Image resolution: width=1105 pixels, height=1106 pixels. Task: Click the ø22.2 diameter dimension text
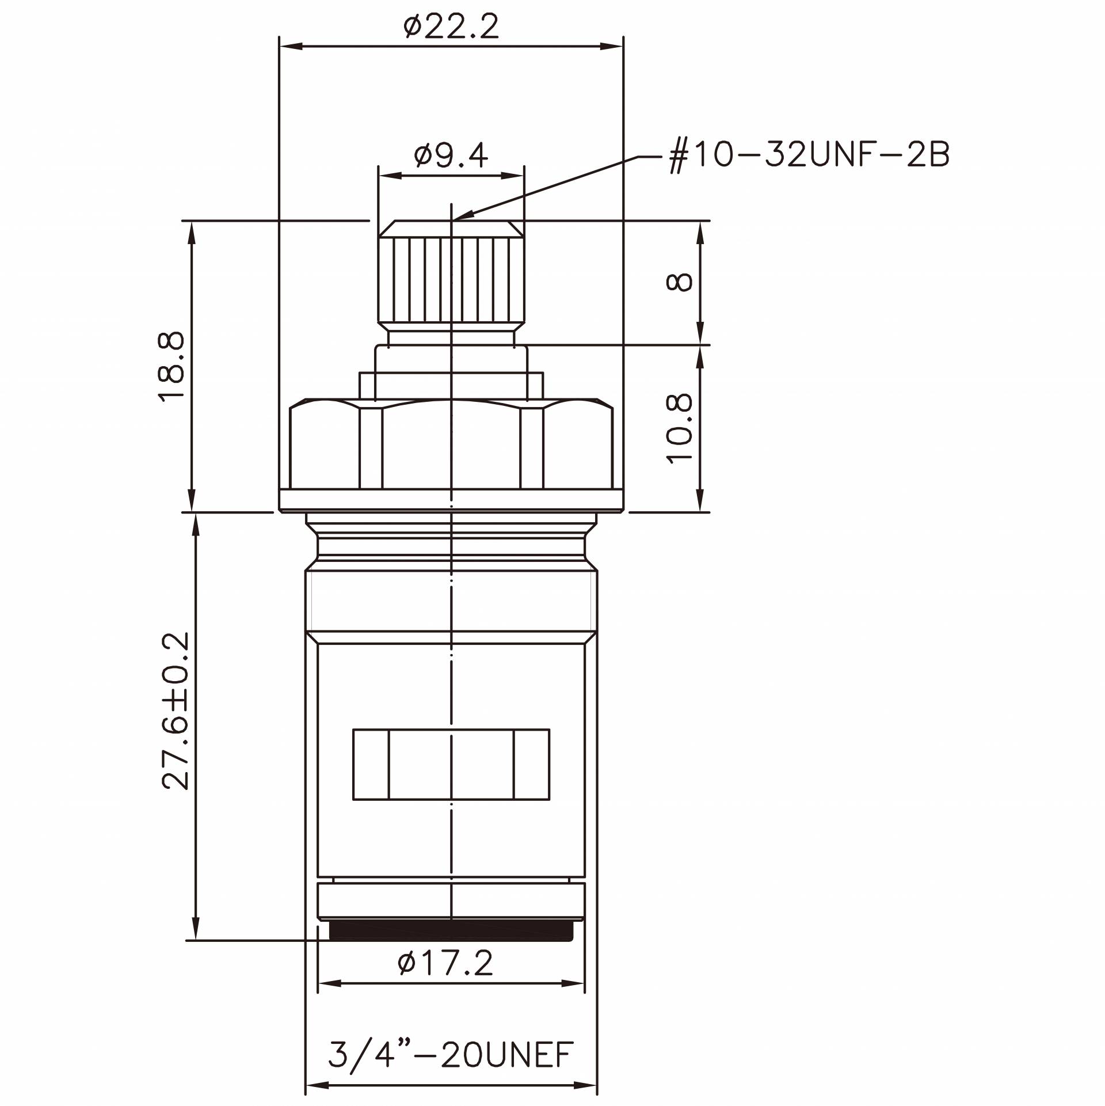coord(451,26)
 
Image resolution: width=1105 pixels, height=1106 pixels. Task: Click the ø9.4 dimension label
coord(451,155)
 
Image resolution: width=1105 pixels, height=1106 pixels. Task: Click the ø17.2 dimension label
coord(446,963)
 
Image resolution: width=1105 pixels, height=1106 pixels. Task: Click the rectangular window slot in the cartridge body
coord(451,764)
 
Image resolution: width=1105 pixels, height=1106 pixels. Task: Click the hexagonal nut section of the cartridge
coord(451,446)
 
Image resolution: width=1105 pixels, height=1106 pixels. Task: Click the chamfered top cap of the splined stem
coord(451,228)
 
